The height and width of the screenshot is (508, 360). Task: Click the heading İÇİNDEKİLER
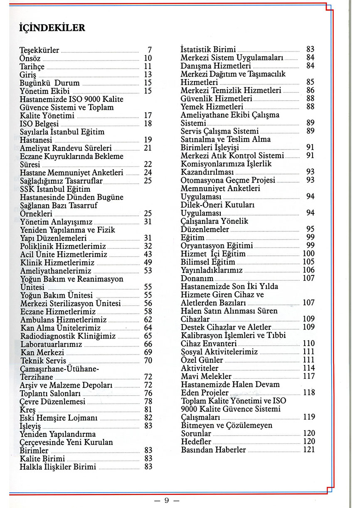pyautogui.click(x=52, y=28)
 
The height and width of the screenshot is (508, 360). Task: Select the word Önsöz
pyautogui.click(x=30, y=58)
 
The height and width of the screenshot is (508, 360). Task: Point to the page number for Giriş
pyautogui.click(x=148, y=74)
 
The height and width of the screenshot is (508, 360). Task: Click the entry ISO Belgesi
pyautogui.click(x=40, y=124)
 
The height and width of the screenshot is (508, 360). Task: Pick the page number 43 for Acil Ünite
pyautogui.click(x=148, y=254)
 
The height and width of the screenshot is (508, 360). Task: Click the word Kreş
pyautogui.click(x=28, y=409)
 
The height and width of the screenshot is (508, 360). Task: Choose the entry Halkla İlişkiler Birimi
pyautogui.click(x=58, y=467)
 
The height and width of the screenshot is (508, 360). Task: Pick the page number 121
pyautogui.click(x=308, y=450)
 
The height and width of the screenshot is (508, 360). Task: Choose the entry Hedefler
pyautogui.click(x=196, y=442)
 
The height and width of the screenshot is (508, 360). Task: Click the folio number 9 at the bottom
pyautogui.click(x=166, y=501)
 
